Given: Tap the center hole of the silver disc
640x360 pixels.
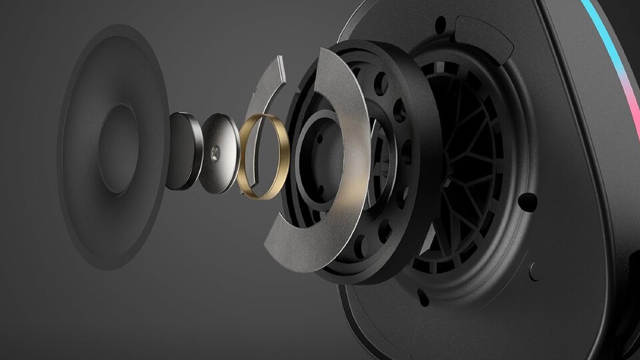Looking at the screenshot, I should click(x=215, y=153).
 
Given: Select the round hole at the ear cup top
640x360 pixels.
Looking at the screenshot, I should click(x=440, y=25).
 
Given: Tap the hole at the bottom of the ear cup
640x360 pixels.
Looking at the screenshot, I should click(x=423, y=298).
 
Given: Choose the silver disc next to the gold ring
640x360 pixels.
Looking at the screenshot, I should click(x=220, y=153).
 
